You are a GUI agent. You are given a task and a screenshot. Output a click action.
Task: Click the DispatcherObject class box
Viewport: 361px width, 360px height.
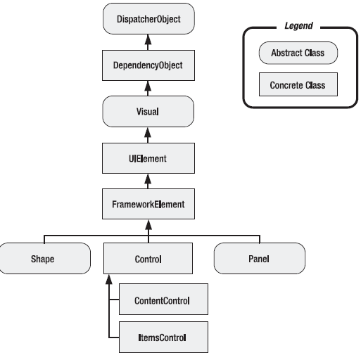click(x=148, y=18)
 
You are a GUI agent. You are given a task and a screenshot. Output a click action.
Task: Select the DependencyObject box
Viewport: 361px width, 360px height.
click(x=148, y=65)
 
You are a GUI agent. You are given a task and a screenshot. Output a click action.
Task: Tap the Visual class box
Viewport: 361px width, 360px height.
click(x=148, y=111)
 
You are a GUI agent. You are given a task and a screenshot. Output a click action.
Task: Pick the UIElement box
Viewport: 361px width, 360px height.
click(x=148, y=158)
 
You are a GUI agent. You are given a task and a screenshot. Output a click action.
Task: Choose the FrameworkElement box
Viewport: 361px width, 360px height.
click(x=148, y=204)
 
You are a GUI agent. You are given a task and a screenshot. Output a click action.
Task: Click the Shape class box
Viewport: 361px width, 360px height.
click(x=44, y=258)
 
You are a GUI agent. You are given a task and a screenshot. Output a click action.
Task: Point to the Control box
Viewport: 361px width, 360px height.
click(x=148, y=258)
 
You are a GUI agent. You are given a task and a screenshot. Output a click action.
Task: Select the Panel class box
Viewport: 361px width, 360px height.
click(x=260, y=258)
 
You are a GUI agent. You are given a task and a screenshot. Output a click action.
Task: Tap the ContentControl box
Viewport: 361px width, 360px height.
click(x=163, y=300)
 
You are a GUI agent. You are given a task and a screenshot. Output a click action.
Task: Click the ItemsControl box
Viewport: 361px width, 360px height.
click(x=163, y=337)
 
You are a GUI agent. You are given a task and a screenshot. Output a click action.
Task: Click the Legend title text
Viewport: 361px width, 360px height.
click(x=298, y=25)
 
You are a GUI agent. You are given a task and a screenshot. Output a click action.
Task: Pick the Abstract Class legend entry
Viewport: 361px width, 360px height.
click(x=298, y=53)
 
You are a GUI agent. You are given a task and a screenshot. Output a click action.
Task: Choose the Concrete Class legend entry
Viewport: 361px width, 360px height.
click(x=298, y=84)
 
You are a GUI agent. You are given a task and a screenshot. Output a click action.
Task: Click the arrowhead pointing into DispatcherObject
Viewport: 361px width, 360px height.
click(x=148, y=39)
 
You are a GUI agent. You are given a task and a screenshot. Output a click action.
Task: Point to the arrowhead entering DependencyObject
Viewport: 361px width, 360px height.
click(x=148, y=86)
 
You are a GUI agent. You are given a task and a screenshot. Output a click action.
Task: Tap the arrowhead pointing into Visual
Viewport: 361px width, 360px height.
click(x=148, y=132)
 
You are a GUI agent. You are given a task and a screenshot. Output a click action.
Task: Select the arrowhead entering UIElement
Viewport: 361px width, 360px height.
click(x=148, y=179)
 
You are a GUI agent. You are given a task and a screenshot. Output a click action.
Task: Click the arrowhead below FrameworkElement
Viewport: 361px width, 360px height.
click(x=148, y=224)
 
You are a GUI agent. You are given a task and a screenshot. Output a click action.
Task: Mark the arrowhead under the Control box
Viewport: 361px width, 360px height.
click(x=109, y=279)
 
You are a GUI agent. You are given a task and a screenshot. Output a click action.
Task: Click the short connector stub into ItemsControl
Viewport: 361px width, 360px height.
click(x=114, y=337)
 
